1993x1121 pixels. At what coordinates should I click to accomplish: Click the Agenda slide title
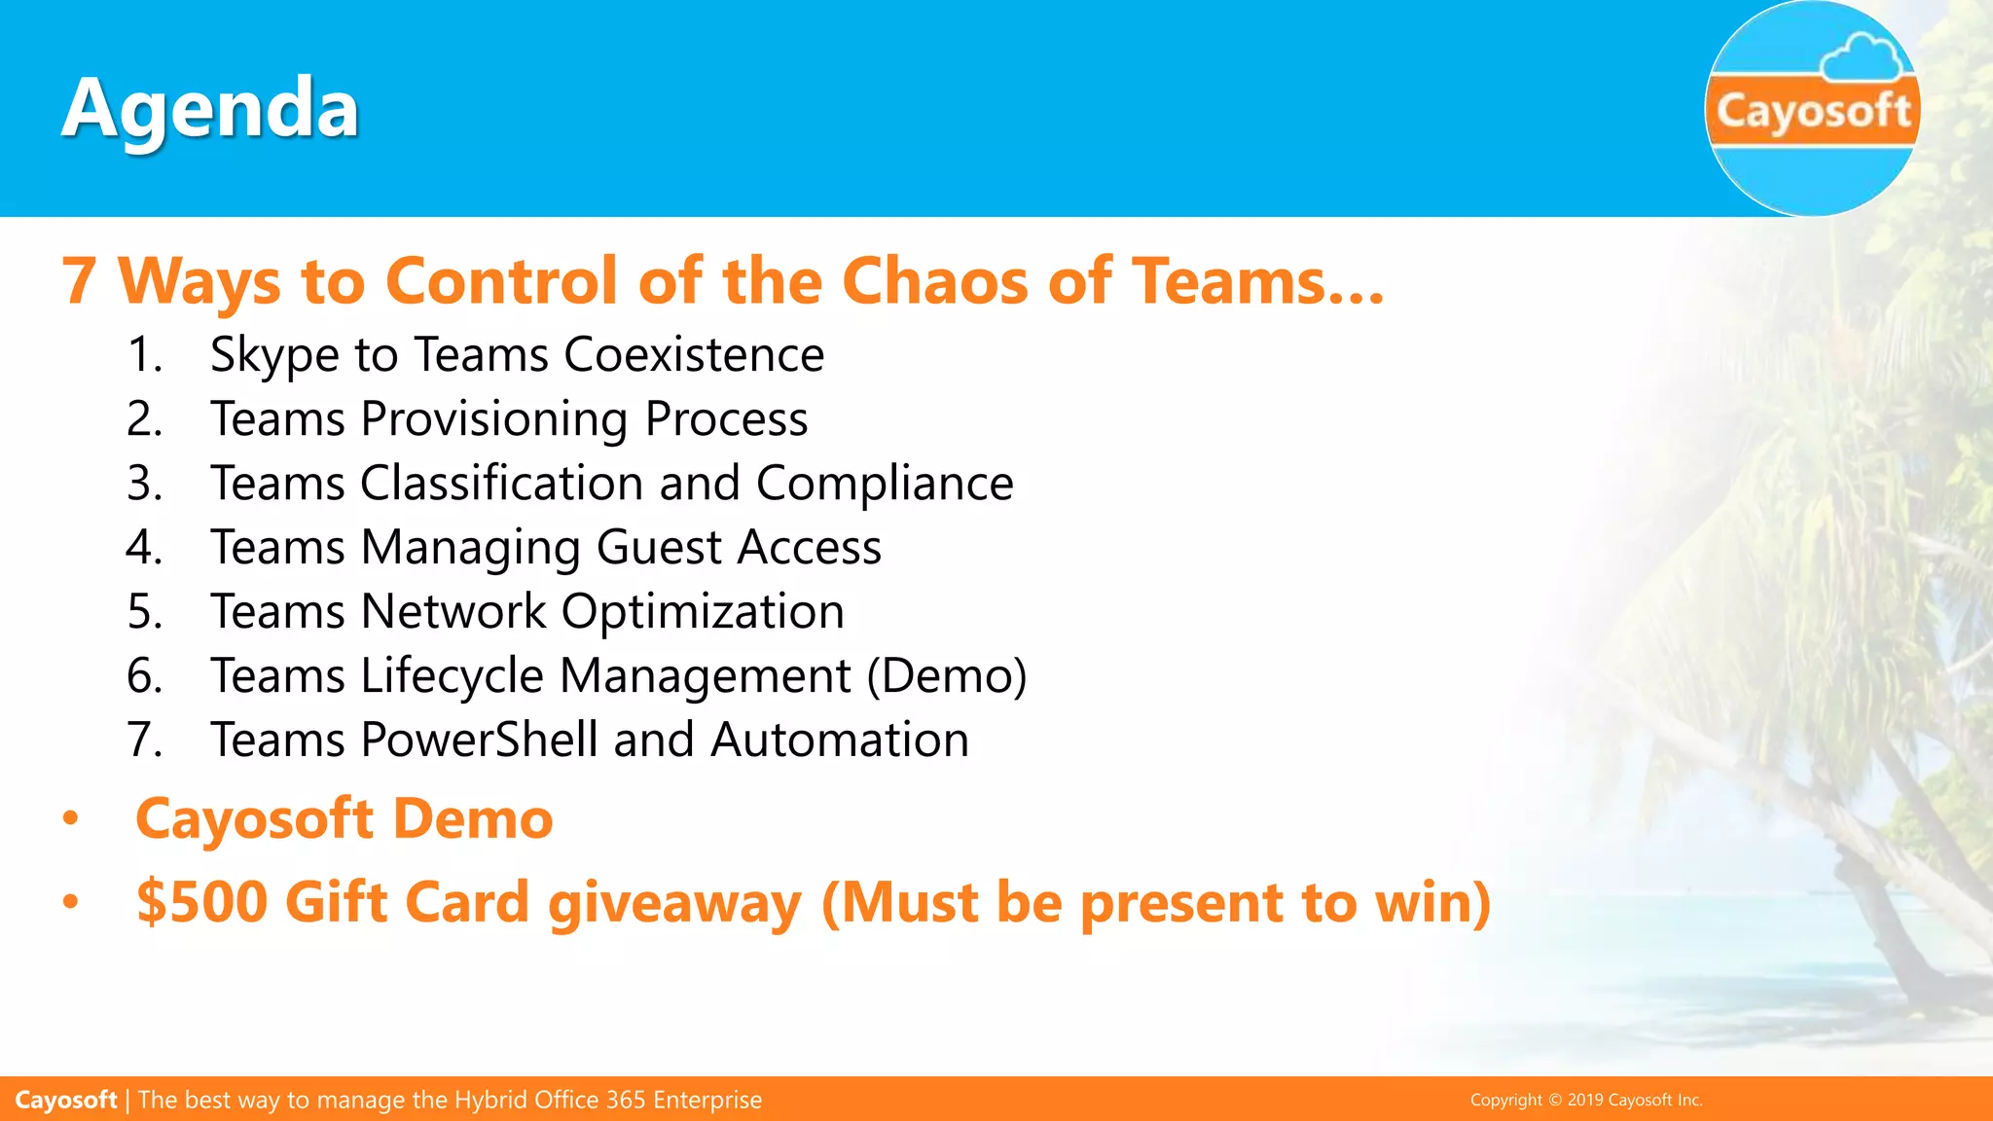[x=210, y=109]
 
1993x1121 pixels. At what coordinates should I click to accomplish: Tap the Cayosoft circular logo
[x=1812, y=109]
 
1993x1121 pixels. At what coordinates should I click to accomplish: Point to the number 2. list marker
[x=144, y=418]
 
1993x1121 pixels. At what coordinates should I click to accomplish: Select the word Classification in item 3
[x=501, y=484]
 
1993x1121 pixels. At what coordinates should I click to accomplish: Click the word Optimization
[x=703, y=612]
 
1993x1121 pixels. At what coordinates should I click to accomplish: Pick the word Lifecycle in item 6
[x=452, y=676]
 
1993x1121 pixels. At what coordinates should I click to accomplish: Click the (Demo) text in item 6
[x=947, y=676]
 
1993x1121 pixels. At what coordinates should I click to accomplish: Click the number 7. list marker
[x=144, y=740]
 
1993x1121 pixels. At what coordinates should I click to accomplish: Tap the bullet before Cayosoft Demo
[x=70, y=819]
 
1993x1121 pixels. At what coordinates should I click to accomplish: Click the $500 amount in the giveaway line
[x=201, y=902]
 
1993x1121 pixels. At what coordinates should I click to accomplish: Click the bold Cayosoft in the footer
[x=66, y=1100]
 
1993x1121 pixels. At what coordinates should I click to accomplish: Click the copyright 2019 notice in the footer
[x=1585, y=1100]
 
